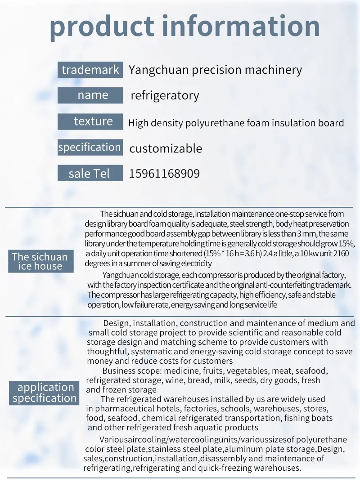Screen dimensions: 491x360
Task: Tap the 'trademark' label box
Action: [90, 70]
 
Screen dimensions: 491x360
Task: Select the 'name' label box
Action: [90, 95]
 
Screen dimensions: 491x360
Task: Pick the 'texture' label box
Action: [90, 121]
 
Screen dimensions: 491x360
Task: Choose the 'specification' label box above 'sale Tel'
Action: [90, 147]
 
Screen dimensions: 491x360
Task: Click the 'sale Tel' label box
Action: [90, 174]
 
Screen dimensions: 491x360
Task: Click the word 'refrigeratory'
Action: [165, 96]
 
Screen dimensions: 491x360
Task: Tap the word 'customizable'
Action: [166, 148]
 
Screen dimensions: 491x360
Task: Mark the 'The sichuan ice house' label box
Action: [40, 261]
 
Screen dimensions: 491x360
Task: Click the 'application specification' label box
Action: [45, 393]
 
